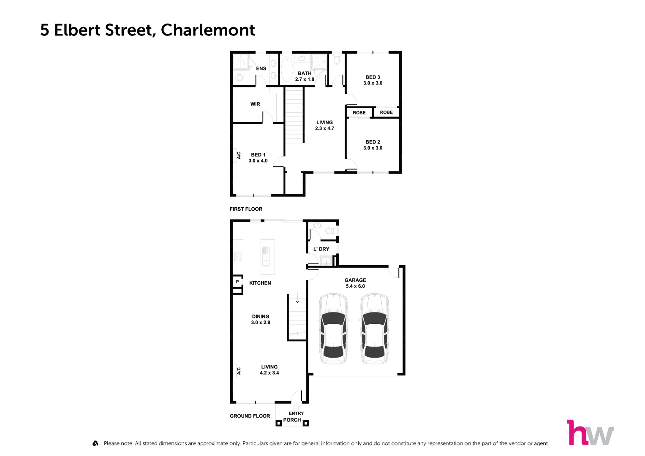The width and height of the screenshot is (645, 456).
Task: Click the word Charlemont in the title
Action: [208, 30]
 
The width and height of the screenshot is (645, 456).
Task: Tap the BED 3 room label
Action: [373, 77]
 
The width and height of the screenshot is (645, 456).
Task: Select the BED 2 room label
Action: [373, 142]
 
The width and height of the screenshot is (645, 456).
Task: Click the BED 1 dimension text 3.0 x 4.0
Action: [258, 161]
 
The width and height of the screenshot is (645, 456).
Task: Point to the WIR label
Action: [255, 104]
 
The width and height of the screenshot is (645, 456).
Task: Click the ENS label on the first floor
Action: [261, 68]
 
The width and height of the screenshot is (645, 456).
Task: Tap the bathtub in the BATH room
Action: [287, 70]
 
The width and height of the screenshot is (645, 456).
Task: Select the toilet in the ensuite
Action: [239, 78]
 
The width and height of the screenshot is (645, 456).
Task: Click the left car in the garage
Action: [333, 328]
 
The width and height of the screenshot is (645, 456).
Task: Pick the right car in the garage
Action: [374, 328]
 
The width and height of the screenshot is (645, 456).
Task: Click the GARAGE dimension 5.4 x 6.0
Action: [355, 286]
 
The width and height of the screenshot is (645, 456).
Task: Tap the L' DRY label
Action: [321, 249]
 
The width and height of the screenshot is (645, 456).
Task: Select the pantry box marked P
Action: [237, 282]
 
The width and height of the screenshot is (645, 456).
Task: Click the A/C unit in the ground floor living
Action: [238, 371]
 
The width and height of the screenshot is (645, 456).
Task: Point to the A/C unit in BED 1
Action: [238, 155]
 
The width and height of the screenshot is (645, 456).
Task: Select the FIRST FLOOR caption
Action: [246, 209]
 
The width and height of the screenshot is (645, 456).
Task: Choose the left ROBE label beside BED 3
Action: [359, 113]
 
